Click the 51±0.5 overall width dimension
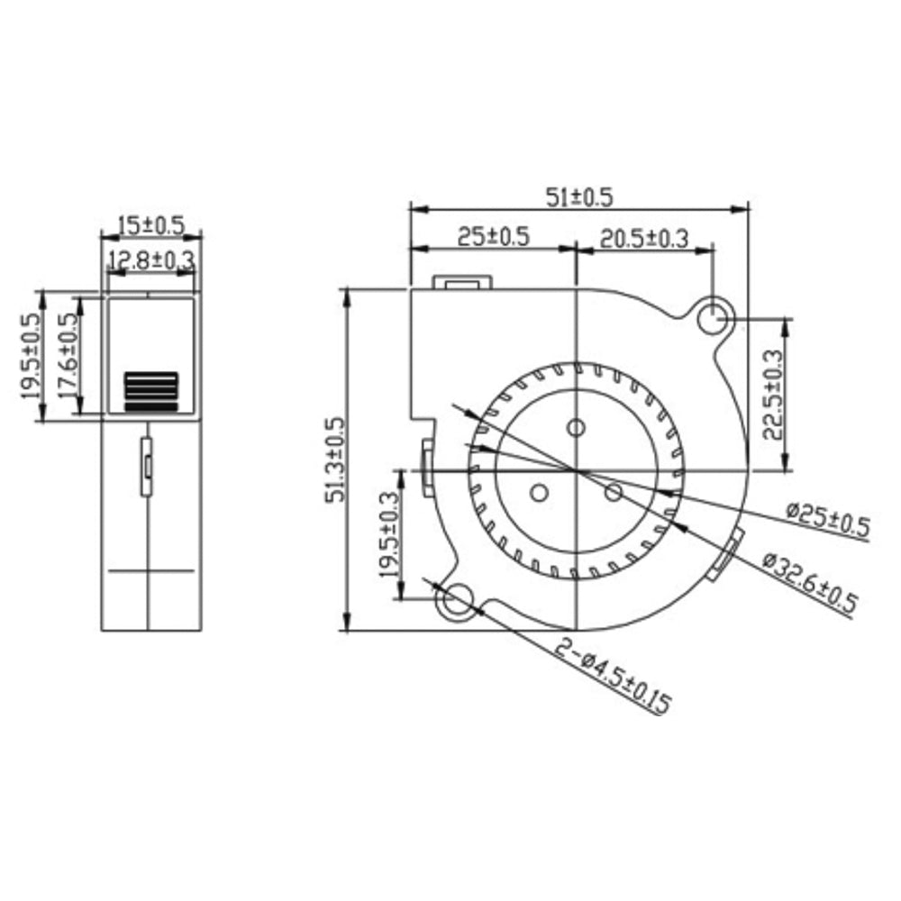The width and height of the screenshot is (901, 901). point(579,196)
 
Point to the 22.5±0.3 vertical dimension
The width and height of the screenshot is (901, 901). point(774,394)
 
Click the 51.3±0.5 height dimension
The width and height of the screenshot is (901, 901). point(337,460)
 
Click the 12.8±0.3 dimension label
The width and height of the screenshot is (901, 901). point(150,261)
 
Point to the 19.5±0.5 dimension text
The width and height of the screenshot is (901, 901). point(31,355)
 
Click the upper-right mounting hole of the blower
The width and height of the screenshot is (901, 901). point(714,316)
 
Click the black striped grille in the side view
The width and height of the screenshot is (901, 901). point(150,392)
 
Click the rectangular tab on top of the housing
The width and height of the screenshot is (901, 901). point(465,283)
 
